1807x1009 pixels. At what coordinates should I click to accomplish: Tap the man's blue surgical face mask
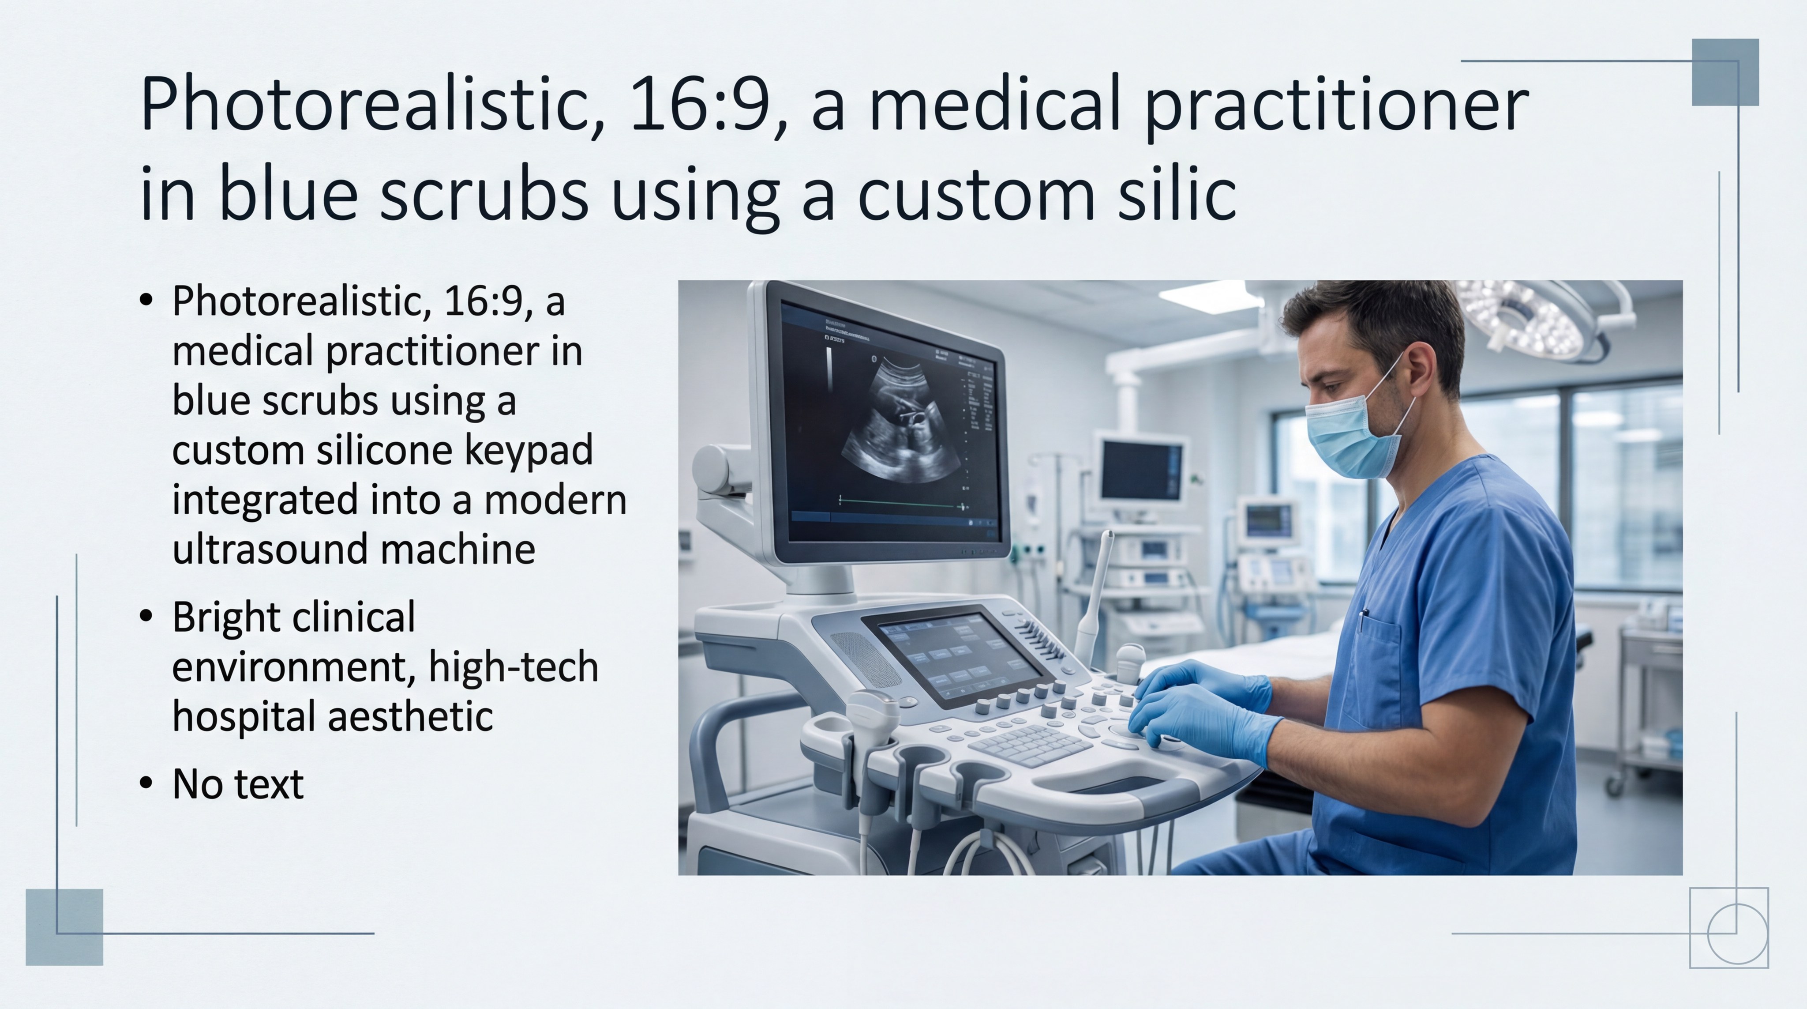point(1347,435)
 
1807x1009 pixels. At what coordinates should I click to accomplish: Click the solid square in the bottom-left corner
point(64,927)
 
